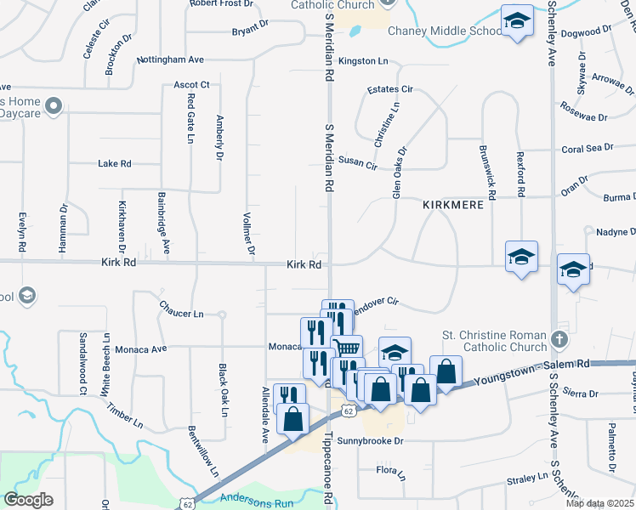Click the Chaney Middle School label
click(x=445, y=31)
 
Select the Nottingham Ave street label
click(x=170, y=60)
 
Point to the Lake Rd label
click(x=115, y=163)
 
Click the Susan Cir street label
click(x=357, y=161)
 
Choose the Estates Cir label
click(x=389, y=88)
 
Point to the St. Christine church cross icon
click(x=558, y=339)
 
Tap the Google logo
click(x=28, y=500)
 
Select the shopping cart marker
click(x=346, y=348)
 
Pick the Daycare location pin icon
click(x=54, y=107)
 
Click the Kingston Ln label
click(x=363, y=61)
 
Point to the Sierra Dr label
click(x=582, y=394)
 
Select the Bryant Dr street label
click(x=250, y=32)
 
